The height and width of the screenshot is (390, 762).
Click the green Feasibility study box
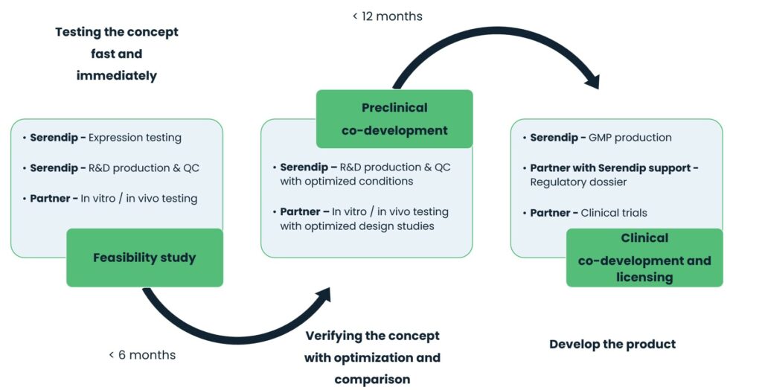pos(144,258)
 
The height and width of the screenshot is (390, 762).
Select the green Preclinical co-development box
pos(394,119)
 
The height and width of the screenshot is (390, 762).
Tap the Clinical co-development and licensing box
pos(644,258)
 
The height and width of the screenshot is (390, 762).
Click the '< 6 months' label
pos(142,355)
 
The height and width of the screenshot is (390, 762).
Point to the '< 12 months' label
pos(387,16)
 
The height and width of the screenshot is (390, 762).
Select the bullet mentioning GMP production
pos(601,138)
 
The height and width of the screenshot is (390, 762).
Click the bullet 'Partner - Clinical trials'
pos(588,213)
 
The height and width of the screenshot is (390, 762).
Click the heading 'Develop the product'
pos(612,344)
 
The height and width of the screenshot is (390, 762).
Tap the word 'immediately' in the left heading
pos(116,75)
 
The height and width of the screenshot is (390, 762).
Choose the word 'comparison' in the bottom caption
pos(372,380)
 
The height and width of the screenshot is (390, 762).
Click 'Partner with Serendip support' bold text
pos(614,167)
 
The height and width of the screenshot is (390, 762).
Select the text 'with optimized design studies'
pos(357,226)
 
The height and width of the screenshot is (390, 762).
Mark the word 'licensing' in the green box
pos(644,277)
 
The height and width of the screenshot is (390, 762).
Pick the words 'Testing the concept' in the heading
pos(117,32)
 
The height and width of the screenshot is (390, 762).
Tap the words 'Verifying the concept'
pos(372,336)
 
